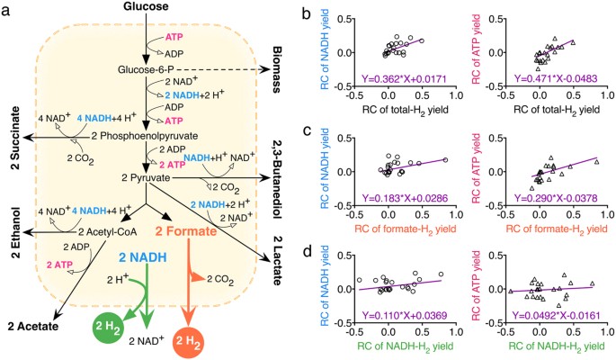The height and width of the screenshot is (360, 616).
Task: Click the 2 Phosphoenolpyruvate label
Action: coord(154,135)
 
